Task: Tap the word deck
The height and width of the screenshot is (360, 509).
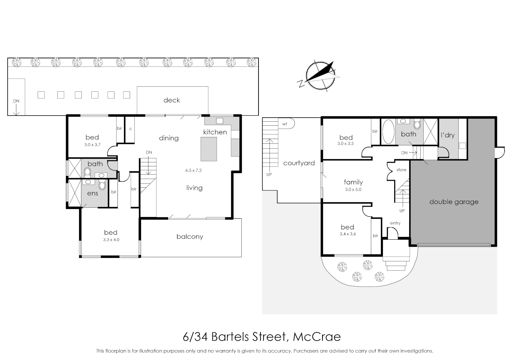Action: (171, 100)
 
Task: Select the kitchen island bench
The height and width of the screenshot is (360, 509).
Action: (208, 149)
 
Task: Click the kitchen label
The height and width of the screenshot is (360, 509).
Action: (215, 132)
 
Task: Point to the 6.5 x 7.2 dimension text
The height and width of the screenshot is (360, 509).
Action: (193, 170)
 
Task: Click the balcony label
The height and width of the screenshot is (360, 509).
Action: (189, 237)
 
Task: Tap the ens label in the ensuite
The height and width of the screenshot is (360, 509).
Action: (92, 193)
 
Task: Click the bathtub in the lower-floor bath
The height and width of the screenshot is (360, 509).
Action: (388, 132)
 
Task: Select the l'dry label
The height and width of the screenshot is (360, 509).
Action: (448, 135)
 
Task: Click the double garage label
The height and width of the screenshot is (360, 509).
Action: (454, 202)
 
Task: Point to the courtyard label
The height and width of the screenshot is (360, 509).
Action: (299, 163)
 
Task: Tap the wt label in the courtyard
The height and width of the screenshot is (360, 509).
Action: (285, 124)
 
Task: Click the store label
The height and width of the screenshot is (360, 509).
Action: (401, 170)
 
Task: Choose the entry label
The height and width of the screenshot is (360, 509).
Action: (395, 223)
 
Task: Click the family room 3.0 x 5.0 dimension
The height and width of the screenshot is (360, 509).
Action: (353, 189)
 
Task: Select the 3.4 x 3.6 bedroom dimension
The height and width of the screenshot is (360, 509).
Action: (348, 234)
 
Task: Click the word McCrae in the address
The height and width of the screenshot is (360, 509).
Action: (317, 337)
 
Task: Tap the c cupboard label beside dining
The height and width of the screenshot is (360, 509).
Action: (130, 129)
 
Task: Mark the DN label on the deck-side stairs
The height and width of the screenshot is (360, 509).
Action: (16, 101)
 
